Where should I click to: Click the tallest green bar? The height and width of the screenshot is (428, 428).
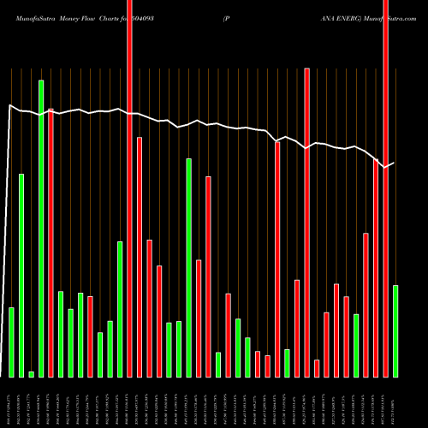(41, 228)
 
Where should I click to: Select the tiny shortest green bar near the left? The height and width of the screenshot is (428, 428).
(32, 374)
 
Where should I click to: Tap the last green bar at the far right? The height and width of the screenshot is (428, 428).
(395, 330)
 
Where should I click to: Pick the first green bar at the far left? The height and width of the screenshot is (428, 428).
(12, 342)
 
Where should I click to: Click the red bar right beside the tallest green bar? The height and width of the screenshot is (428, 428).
(51, 243)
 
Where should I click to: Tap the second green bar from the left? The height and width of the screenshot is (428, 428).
(21, 275)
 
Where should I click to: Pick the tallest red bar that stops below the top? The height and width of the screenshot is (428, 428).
(307, 223)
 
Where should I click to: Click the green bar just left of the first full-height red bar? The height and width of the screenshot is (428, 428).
(120, 309)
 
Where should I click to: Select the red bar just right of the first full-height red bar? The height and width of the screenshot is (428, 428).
(140, 257)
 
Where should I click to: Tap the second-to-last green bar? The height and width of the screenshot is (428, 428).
(356, 345)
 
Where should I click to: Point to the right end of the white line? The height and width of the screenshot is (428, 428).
(394, 163)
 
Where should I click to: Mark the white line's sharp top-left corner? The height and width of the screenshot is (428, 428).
(9, 106)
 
